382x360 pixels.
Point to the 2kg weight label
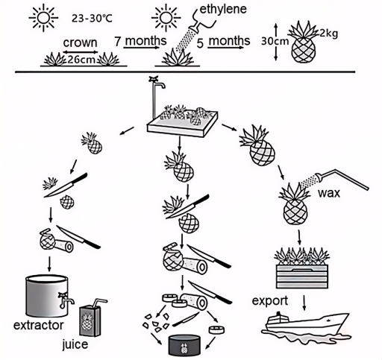pos(328,33)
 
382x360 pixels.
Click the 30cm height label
pos(275,42)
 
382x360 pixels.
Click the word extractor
pos(37,326)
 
